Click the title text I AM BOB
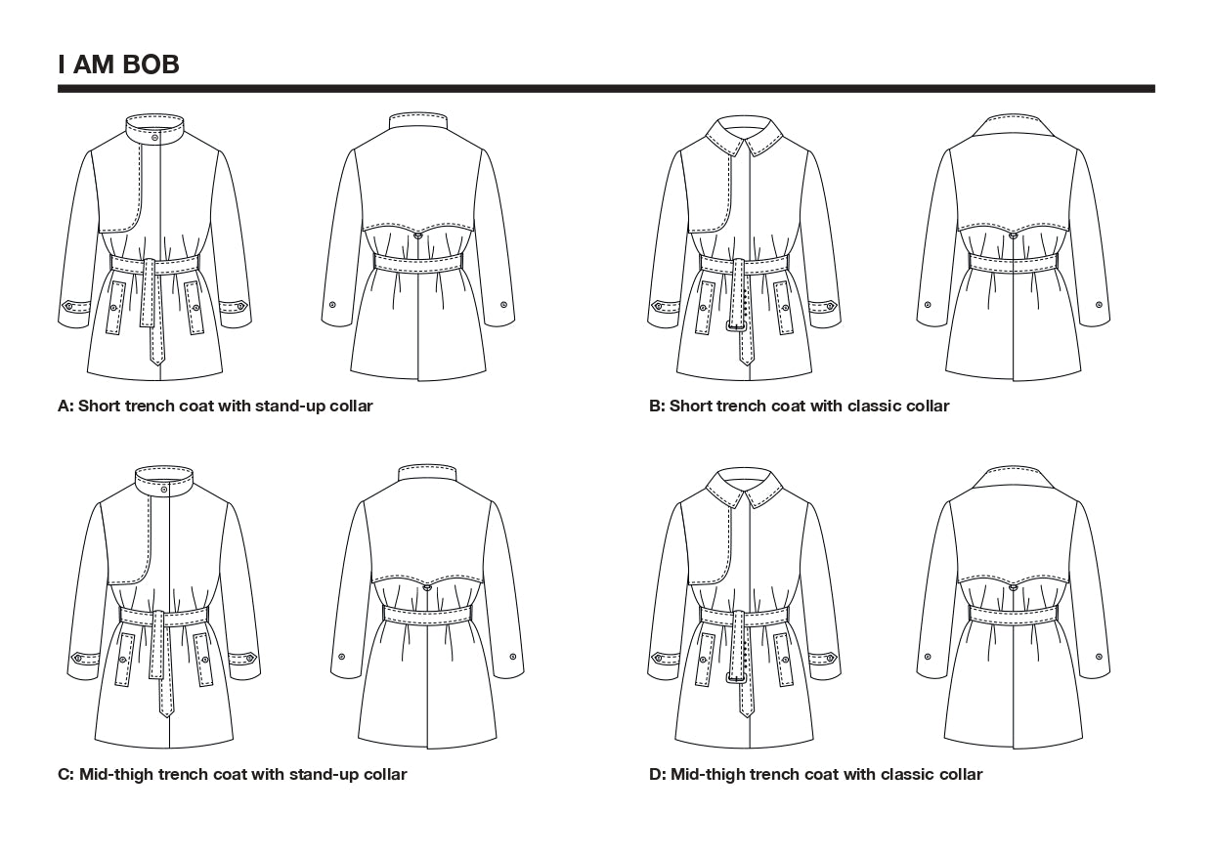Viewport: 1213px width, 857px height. [x=118, y=65]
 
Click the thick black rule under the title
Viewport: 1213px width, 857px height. [x=606, y=89]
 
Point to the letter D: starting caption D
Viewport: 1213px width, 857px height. [x=657, y=775]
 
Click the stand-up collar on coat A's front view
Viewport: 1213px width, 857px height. [x=156, y=128]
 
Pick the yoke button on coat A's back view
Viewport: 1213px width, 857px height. [x=418, y=235]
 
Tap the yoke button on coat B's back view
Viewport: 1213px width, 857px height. [x=1014, y=234]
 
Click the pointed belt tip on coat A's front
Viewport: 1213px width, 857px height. [x=156, y=359]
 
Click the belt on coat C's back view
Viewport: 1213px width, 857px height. [x=427, y=614]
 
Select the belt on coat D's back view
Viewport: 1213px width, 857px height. [x=1014, y=614]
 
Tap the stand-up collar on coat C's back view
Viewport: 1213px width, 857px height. [x=428, y=474]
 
